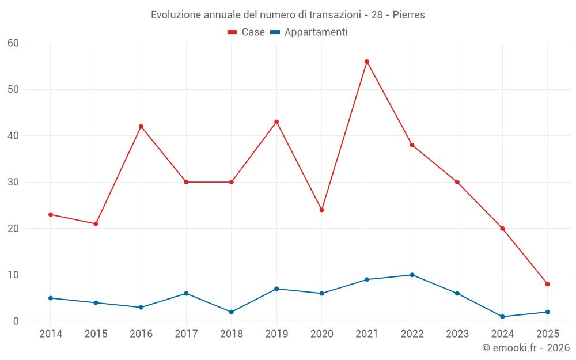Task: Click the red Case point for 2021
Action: (367, 62)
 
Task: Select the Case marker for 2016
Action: (141, 127)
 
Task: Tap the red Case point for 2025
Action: (548, 284)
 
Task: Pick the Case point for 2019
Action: (276, 122)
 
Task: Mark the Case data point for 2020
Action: (322, 210)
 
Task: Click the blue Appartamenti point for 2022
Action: (412, 275)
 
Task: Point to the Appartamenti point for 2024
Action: (502, 317)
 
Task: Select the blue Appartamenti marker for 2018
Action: (232, 312)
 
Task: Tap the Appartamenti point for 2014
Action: (51, 298)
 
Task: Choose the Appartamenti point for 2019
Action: (276, 289)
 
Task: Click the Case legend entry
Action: (247, 32)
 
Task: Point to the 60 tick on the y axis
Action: (14, 43)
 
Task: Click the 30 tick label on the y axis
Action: (14, 182)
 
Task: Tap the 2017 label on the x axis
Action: (186, 334)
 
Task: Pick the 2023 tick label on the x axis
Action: (457, 334)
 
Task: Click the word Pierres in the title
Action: (409, 15)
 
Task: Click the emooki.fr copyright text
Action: (526, 348)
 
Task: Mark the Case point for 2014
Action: (51, 214)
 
